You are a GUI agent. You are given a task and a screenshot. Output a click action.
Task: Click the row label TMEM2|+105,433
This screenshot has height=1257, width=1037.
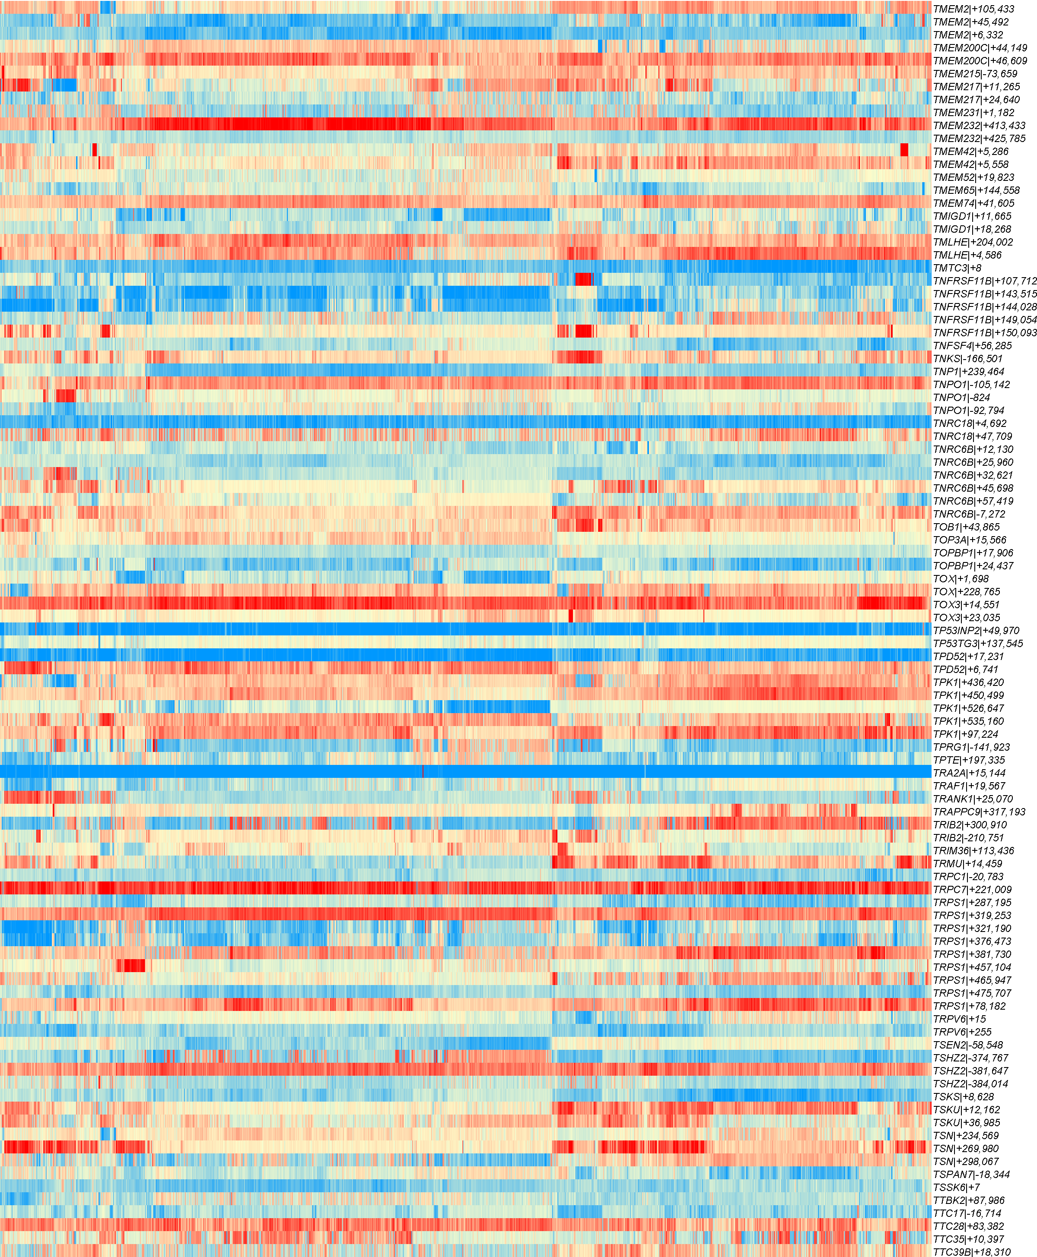click(x=973, y=9)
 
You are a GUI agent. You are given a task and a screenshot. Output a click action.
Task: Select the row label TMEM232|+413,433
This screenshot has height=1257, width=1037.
click(x=979, y=125)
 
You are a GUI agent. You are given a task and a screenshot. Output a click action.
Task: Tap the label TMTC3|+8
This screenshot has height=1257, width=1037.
click(x=957, y=268)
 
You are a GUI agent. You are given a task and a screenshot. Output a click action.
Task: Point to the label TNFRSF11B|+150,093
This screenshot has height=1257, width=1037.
click(x=984, y=332)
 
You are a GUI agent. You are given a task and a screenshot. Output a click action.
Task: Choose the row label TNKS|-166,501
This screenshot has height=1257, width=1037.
click(x=968, y=359)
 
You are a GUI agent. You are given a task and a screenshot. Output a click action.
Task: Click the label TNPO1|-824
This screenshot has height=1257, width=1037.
click(x=961, y=398)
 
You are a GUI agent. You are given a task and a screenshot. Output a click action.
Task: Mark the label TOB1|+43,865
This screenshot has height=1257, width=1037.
click(x=966, y=527)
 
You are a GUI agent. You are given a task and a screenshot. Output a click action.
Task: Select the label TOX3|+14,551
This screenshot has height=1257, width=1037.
click(x=966, y=605)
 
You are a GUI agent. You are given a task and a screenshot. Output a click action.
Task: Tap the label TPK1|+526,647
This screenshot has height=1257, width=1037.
click(x=968, y=708)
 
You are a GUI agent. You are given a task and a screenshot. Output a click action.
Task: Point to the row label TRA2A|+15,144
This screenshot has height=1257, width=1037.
click(x=969, y=773)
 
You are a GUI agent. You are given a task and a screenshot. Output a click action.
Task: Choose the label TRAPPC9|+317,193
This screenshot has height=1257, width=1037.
click(x=979, y=812)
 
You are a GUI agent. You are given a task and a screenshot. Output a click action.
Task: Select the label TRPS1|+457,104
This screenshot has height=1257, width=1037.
click(x=972, y=967)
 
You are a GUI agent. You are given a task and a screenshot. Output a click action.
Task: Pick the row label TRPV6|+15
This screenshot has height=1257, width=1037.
click(x=959, y=1019)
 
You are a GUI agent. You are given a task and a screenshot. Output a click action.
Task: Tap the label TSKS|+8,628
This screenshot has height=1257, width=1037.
click(x=964, y=1096)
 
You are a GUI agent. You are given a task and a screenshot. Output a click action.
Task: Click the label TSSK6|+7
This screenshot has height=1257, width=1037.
click(x=956, y=1187)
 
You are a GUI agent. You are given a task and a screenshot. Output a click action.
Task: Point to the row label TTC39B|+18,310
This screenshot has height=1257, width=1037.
click(x=972, y=1252)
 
